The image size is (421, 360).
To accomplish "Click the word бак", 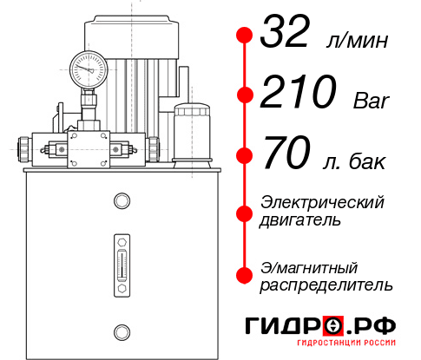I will point(368,161).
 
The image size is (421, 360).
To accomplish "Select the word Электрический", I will point(322,202).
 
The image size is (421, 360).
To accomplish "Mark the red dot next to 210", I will point(244,94).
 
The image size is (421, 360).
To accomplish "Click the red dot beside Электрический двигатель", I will point(244,212).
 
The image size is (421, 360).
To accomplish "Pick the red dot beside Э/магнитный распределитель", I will point(244,275).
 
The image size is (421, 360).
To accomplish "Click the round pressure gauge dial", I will point(89,67).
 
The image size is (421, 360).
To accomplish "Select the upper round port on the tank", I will point(122,201).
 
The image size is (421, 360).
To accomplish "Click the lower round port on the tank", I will point(122,330).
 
